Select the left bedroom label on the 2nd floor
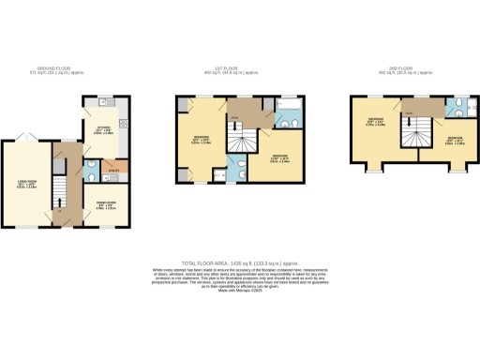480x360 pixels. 375,121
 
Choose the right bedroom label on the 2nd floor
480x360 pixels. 453,141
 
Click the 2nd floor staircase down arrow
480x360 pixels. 412,135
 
